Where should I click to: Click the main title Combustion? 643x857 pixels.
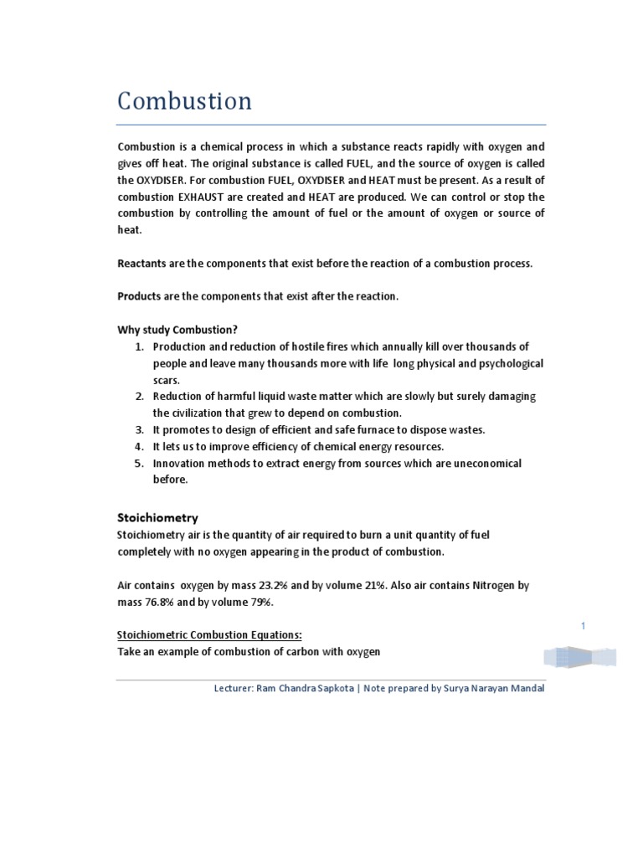coord(184,101)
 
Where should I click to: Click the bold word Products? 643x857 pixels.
coord(139,296)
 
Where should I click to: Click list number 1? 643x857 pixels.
coord(140,346)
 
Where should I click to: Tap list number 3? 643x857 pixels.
coord(140,430)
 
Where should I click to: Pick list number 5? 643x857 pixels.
coord(140,464)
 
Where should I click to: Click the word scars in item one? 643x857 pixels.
coord(167,379)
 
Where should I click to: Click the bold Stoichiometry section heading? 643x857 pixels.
coord(157,518)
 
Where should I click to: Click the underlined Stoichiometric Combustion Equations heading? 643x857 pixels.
coord(203,635)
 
